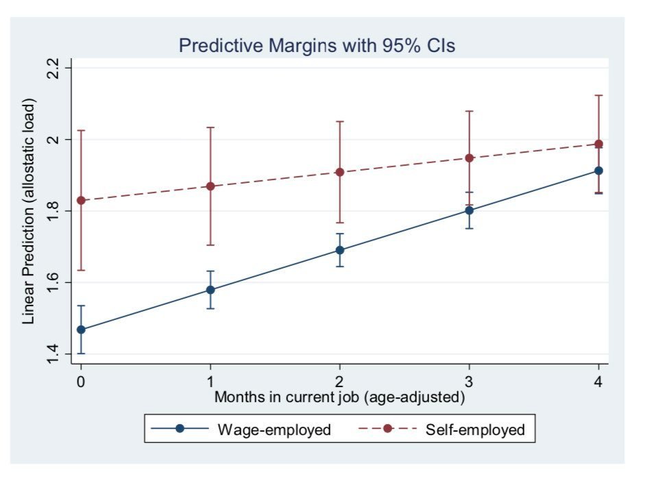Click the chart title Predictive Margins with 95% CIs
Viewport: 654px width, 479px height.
(317, 46)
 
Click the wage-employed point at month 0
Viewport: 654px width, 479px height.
(81, 330)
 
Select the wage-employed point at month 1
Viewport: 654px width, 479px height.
(210, 290)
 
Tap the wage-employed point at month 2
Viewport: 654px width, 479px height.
(339, 250)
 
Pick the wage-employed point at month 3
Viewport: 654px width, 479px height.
(469, 210)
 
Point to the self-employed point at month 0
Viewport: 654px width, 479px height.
(81, 201)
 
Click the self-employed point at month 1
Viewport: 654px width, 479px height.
(210, 186)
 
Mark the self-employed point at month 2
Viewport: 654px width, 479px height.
(339, 172)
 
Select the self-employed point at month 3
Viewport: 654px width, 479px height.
(469, 158)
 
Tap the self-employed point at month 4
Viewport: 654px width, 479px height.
(598, 144)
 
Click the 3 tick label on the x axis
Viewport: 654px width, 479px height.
(469, 381)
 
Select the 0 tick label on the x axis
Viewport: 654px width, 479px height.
(81, 381)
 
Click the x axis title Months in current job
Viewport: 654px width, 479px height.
(340, 397)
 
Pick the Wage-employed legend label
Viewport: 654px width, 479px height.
(274, 430)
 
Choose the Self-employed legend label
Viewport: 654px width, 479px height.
(475, 430)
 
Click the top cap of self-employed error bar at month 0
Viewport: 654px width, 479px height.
(81, 130)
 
